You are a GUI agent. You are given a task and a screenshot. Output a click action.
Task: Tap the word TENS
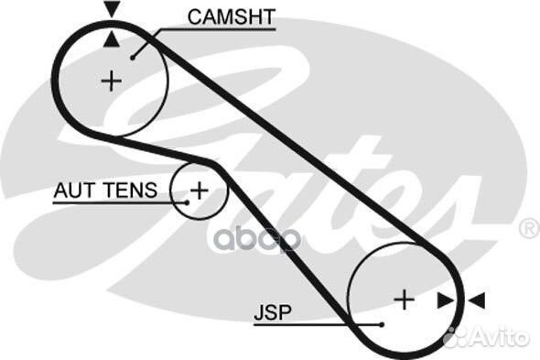(x=132, y=191)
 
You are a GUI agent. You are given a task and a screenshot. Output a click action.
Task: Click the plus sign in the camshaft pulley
(x=111, y=82)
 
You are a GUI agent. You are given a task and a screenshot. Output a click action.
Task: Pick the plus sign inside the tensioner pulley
(x=199, y=191)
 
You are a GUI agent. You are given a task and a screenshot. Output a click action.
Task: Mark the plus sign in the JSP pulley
(x=404, y=299)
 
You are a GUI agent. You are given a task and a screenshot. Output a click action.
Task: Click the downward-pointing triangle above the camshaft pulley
(x=112, y=10)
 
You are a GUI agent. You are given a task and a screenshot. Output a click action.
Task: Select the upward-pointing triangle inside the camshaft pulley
(x=112, y=38)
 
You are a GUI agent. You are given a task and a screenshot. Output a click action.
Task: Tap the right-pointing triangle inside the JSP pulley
(x=446, y=300)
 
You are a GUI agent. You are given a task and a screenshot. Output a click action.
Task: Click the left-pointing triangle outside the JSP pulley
(x=477, y=300)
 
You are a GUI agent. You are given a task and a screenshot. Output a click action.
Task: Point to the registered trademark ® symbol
(x=528, y=227)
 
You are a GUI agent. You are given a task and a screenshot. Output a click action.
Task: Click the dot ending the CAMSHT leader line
(x=135, y=57)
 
